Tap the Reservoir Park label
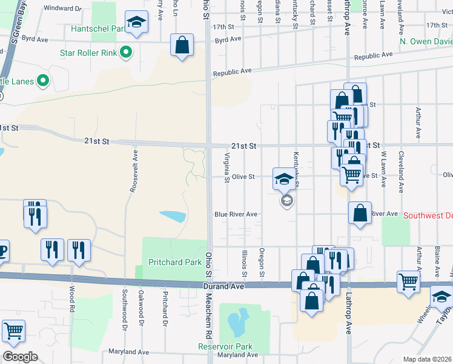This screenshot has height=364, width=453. click(225, 346)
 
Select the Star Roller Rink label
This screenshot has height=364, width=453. click(88, 53)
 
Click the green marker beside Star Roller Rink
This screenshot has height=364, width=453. click(126, 52)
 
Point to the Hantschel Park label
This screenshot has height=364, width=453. click(96, 28)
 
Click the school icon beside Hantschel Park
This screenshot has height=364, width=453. click(137, 23)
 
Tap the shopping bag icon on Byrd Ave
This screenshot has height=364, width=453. click(182, 44)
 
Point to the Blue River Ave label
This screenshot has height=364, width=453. click(236, 214)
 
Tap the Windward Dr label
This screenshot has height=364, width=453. click(63, 8)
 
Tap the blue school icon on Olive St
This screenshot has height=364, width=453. click(283, 179)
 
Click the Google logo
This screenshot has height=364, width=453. click(20, 357)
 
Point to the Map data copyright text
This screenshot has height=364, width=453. click(428, 359)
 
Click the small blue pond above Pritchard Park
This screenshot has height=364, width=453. click(173, 216)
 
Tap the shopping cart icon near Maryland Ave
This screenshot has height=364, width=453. click(13, 331)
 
